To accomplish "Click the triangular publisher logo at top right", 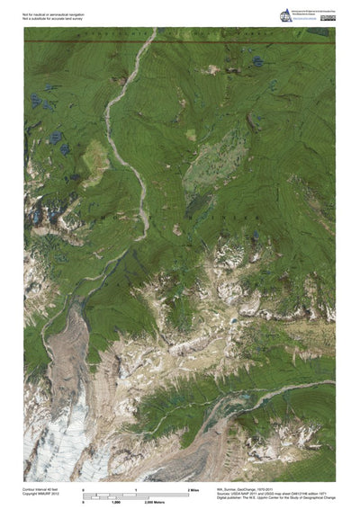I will point(286,13).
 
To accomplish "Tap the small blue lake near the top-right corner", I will point(256,62).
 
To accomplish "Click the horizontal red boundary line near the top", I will point(180,40).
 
